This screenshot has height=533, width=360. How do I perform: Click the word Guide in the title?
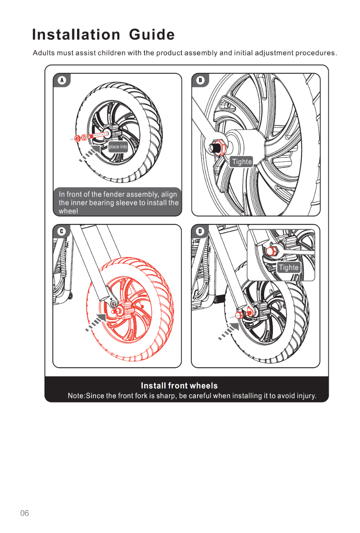click(x=152, y=35)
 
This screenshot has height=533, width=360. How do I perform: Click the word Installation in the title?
click(x=76, y=35)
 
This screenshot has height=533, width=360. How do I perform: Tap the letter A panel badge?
click(x=62, y=80)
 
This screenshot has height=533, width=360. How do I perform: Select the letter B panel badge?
click(x=200, y=80)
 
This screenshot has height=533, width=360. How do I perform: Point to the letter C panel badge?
click(x=61, y=231)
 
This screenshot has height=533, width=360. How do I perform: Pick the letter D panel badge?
click(x=200, y=231)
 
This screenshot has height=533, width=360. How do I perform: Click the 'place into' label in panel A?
click(x=118, y=147)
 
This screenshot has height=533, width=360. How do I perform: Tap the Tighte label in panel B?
click(x=242, y=162)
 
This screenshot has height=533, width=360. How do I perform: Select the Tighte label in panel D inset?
click(x=289, y=268)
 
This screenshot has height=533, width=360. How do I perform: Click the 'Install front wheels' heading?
click(x=179, y=386)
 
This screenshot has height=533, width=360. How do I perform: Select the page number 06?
click(x=24, y=513)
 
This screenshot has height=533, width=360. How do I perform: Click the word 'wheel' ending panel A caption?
click(x=68, y=211)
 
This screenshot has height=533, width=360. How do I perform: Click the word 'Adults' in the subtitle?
click(x=44, y=53)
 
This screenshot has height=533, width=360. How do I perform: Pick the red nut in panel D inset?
click(x=271, y=251)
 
